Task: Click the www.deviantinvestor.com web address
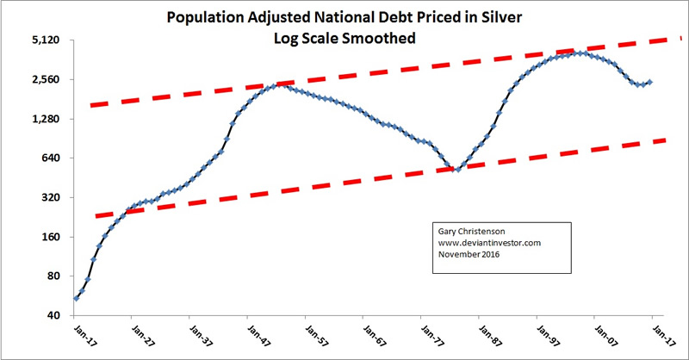pos(488,243)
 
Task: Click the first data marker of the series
pos(77,299)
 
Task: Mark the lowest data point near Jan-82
pos(458,169)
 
